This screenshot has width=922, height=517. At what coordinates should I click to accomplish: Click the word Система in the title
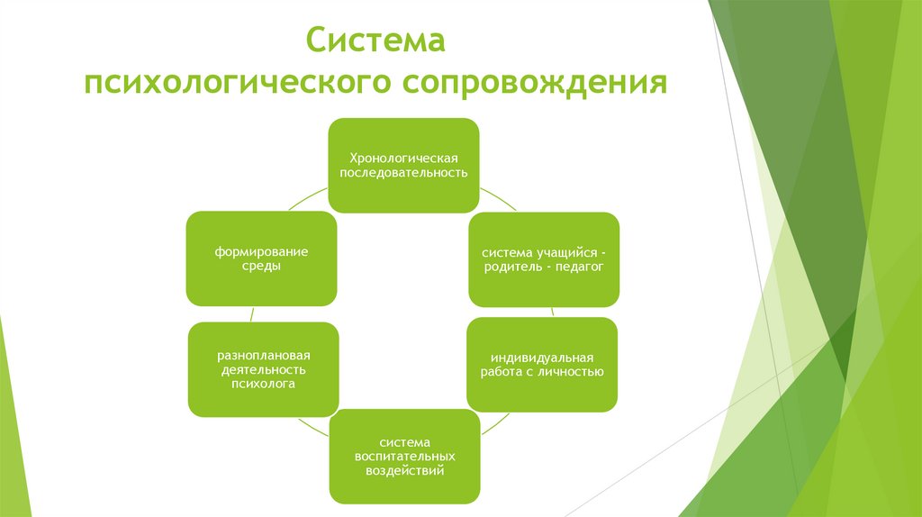point(376,41)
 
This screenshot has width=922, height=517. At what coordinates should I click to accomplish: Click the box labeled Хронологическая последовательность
point(402,165)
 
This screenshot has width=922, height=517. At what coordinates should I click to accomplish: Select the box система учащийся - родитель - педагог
point(543,259)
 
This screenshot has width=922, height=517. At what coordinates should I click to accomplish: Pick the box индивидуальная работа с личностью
point(541,364)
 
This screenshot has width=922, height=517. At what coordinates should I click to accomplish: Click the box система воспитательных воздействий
point(404,456)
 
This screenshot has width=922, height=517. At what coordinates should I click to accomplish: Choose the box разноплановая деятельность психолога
point(263,369)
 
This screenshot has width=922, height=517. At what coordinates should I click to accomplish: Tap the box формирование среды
point(261,259)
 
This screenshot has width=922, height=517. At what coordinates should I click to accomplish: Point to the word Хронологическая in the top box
point(402,157)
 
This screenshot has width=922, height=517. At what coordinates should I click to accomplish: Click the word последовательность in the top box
point(402,173)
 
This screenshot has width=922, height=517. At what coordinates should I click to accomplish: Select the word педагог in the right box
point(580,268)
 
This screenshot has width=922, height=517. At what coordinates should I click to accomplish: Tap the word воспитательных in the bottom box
point(404,457)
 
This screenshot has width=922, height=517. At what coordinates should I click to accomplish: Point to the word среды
point(261,268)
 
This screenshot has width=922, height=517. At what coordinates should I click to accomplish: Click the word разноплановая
point(263,354)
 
